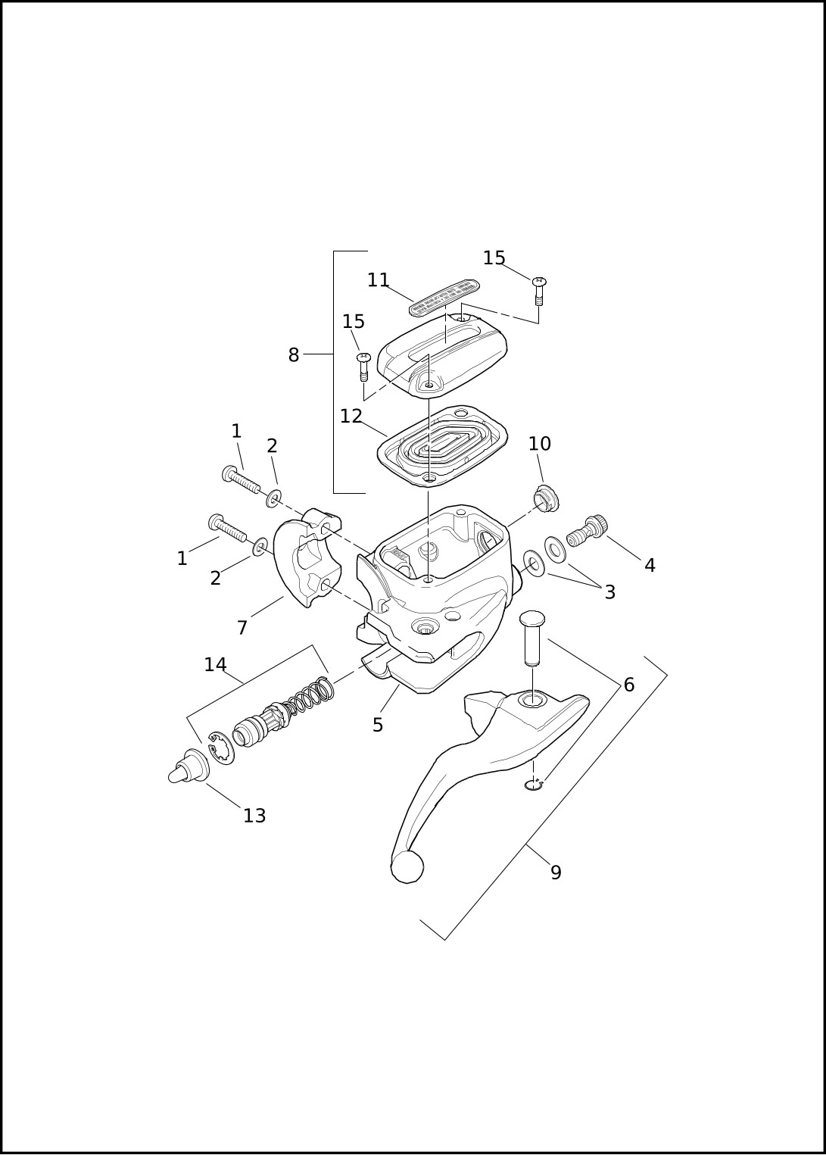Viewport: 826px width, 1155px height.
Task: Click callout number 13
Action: [254, 816]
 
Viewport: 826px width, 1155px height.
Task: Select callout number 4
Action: [650, 566]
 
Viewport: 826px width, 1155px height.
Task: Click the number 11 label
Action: [379, 280]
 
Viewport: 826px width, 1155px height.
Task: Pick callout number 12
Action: [351, 416]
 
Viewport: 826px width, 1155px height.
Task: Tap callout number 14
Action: [215, 665]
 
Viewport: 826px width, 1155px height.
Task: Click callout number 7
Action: [242, 628]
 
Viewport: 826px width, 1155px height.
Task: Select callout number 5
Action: [378, 725]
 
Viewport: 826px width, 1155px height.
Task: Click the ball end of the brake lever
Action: [407, 866]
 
